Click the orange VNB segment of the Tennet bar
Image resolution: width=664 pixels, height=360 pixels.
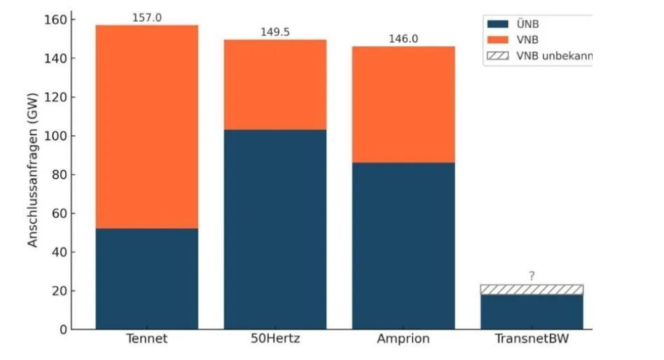pos(147,127)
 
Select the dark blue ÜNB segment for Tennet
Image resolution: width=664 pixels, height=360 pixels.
pos(147,279)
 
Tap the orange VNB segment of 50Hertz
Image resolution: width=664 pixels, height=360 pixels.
pos(275,85)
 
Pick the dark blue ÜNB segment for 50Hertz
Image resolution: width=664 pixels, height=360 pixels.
pos(275,229)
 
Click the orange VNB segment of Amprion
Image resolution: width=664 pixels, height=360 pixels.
pos(403,104)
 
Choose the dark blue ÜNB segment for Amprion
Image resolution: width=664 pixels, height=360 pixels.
pos(403,246)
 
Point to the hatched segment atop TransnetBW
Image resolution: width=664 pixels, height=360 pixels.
pos(532,289)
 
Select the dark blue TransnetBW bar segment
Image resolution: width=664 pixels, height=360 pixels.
pos(532,312)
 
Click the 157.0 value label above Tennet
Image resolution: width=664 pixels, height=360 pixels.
pos(147,18)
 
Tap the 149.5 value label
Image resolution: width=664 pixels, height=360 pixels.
pos(275,32)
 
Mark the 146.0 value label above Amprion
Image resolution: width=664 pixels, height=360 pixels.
pos(403,39)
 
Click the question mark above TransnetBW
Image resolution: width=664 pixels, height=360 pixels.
pos(532,277)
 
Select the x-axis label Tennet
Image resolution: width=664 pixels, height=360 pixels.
pos(147,340)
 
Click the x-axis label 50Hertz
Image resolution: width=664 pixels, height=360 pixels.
pos(275,340)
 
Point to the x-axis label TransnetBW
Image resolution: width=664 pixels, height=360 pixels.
pos(532,340)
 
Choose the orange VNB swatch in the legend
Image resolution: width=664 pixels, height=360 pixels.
pos(497,40)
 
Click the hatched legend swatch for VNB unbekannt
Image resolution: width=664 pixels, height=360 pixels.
pos(497,55)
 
